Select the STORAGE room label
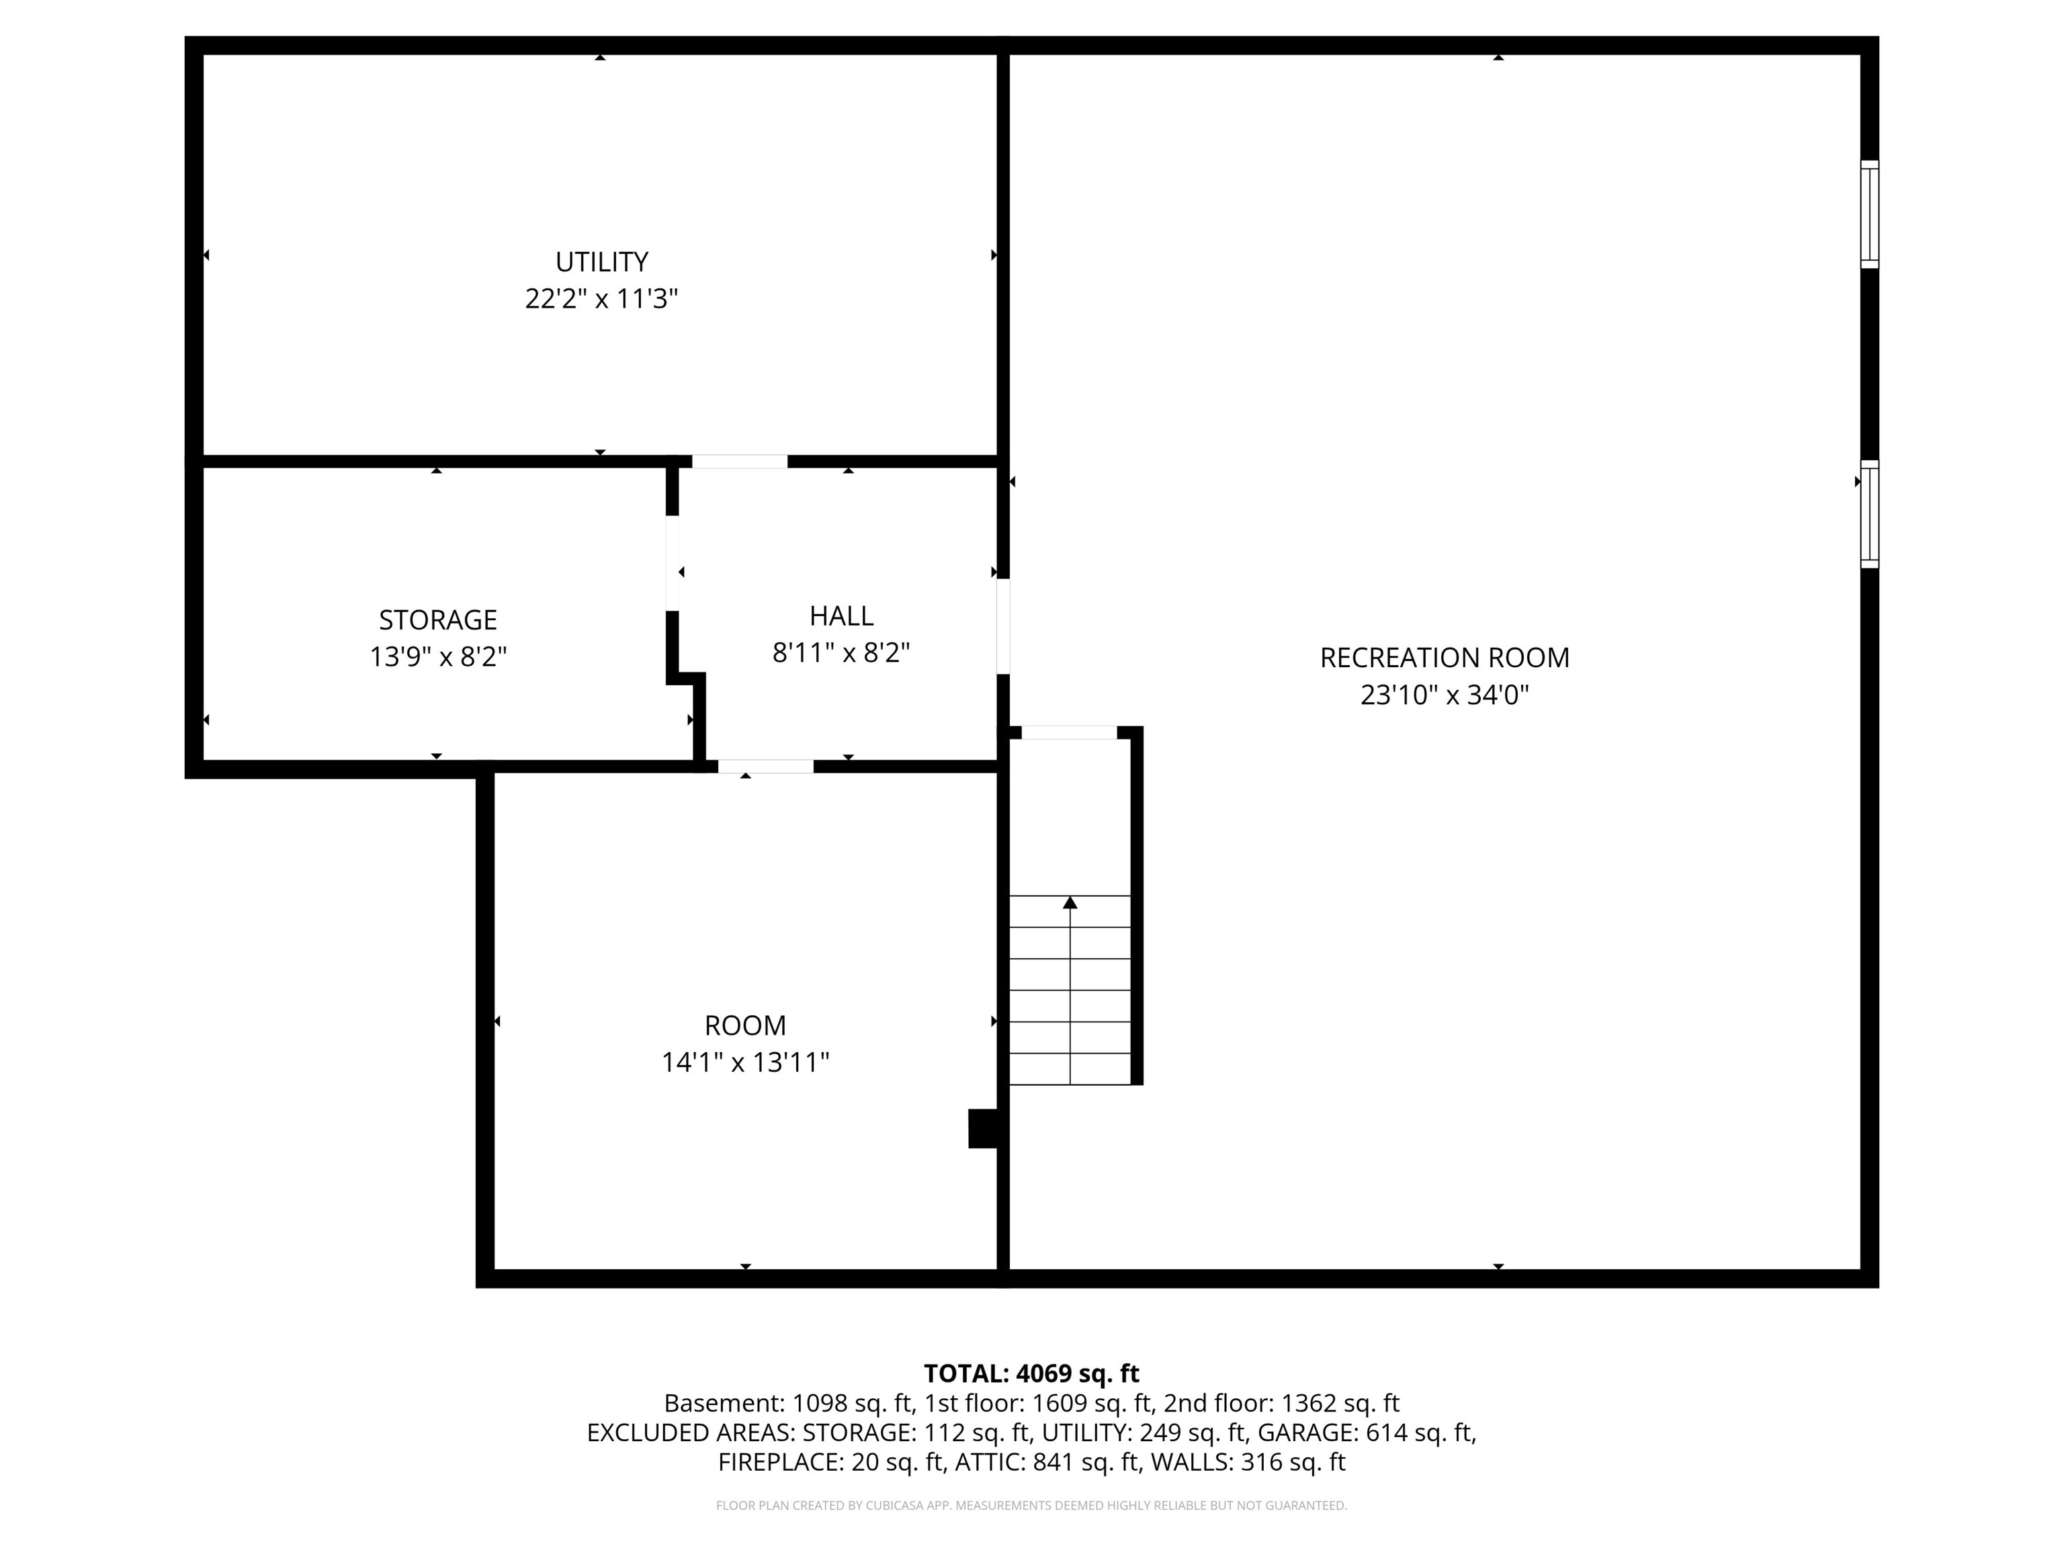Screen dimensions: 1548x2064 tap(437, 619)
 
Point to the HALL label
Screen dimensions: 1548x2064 tap(841, 616)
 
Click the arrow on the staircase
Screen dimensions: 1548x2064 tap(1070, 902)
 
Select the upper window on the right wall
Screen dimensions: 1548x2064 tap(1869, 214)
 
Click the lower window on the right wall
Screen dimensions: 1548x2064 tap(1869, 514)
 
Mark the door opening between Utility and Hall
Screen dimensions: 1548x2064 tap(739, 461)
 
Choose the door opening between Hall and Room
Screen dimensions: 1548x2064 tap(765, 766)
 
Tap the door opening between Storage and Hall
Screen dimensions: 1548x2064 tap(672, 564)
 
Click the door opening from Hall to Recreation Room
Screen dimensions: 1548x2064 tap(1003, 626)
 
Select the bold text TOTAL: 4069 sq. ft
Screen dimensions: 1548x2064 tap(1031, 1373)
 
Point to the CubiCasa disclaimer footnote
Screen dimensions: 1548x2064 tap(1031, 1505)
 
